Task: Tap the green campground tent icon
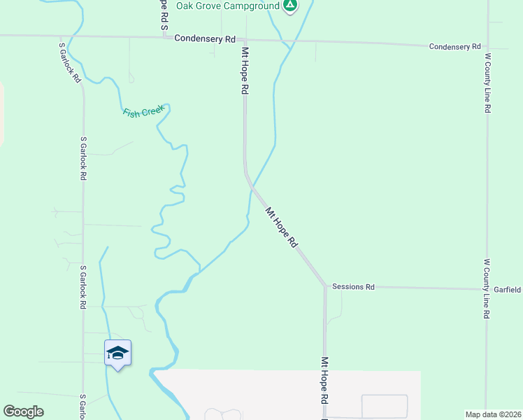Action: coord(290,6)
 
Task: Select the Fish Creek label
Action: coord(143,112)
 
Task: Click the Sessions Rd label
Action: coord(353,287)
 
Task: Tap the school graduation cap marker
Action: coord(117,353)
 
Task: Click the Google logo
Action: coord(23,412)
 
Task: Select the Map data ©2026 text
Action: coord(493,414)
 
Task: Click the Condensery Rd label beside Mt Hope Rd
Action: coord(205,39)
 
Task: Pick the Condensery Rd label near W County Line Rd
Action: coord(454,46)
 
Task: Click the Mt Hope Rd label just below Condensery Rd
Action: coord(245,71)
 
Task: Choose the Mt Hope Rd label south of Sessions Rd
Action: coord(324,381)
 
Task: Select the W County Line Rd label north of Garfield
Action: coord(488,83)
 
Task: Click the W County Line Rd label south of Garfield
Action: coord(487,288)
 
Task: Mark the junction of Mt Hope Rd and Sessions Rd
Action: coord(325,286)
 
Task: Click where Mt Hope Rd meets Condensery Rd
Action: coord(245,40)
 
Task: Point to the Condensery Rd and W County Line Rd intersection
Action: coord(487,46)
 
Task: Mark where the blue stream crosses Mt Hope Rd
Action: coord(251,187)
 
